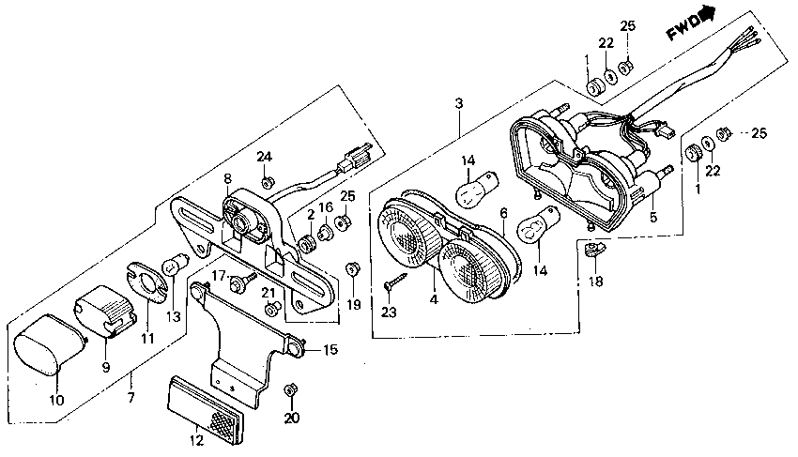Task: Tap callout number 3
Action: coord(458,102)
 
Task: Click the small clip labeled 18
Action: coord(591,249)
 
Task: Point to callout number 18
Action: coord(595,282)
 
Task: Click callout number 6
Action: coord(503,213)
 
